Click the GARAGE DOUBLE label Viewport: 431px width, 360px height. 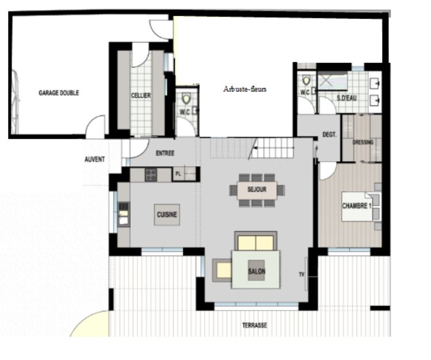[59, 93]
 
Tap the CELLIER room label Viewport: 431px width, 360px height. [141, 95]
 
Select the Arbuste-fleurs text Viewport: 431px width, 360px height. [245, 89]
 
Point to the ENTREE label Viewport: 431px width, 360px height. [165, 153]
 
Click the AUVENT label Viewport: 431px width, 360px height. [95, 159]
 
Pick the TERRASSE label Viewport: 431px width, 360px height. [254, 325]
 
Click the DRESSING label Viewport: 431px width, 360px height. [363, 142]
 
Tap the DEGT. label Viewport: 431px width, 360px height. [329, 135]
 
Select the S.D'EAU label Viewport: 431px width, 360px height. [347, 98]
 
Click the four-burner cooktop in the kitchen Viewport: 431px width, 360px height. [151, 175]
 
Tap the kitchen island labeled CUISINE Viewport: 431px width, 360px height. [167, 215]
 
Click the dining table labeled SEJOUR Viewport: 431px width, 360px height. [257, 190]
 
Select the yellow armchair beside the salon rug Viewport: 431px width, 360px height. [222, 270]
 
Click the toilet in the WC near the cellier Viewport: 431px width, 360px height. [186, 98]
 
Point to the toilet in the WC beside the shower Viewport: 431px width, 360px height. [306, 81]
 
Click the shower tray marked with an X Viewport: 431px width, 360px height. [333, 81]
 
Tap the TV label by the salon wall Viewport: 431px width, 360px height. [302, 274]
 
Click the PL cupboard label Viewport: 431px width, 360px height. [178, 174]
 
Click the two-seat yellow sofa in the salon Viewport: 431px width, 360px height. [256, 241]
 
